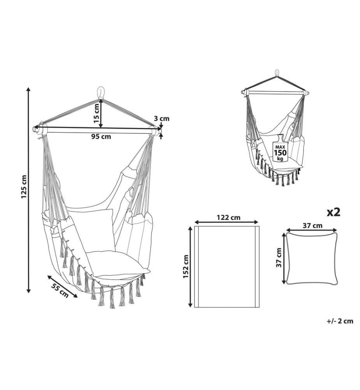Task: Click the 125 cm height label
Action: pos(24,187)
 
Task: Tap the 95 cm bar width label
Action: pos(101,136)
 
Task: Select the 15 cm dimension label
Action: pos(96,113)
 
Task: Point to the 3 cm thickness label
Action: pos(161,119)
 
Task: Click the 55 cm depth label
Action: pos(60,290)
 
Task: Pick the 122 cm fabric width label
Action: pos(228,218)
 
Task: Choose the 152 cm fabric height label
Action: pos(185,267)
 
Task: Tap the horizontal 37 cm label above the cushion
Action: pos(312,225)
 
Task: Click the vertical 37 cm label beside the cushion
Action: pos(279,258)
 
